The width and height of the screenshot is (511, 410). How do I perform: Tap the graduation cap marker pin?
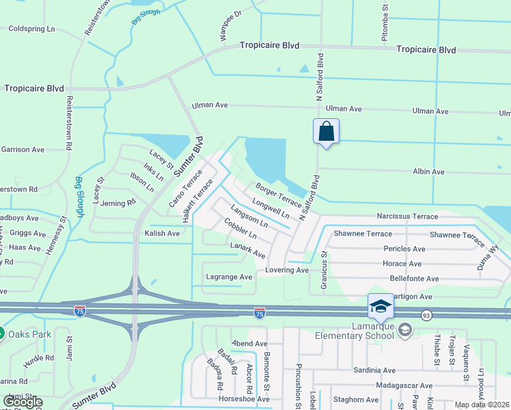(x=380, y=306)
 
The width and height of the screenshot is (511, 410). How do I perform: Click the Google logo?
(x=23, y=402)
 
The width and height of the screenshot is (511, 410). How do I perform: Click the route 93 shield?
(x=426, y=314)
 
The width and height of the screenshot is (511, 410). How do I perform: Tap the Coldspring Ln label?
(x=32, y=29)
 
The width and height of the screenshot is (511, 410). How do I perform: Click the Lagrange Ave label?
(x=230, y=277)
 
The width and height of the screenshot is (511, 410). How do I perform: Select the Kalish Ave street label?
(x=162, y=233)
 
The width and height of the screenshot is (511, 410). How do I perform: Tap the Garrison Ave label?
(x=23, y=149)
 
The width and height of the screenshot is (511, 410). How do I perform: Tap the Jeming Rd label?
(x=118, y=203)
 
